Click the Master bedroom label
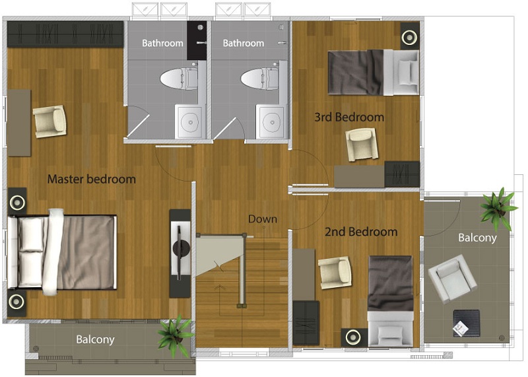(x=92, y=179)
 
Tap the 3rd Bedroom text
(x=349, y=117)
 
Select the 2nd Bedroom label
(x=361, y=232)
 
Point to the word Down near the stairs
(x=263, y=219)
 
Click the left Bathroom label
(x=162, y=43)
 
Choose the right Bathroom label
(x=243, y=43)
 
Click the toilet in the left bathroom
(x=179, y=79)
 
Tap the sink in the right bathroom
(x=271, y=122)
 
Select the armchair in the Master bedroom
(x=50, y=121)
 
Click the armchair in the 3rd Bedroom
(x=362, y=145)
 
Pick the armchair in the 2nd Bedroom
(x=335, y=273)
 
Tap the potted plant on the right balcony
(x=498, y=209)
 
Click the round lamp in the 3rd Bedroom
(x=409, y=38)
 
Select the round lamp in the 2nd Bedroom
(x=352, y=337)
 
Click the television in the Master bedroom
(x=180, y=253)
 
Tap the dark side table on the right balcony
(x=467, y=323)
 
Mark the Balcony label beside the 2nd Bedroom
(x=477, y=238)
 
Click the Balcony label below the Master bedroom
(x=95, y=339)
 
